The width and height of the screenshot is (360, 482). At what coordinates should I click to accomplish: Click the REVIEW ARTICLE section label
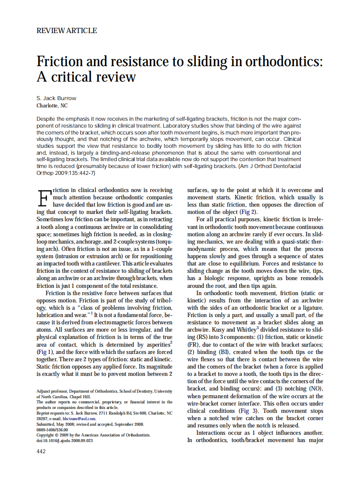click(x=67, y=31)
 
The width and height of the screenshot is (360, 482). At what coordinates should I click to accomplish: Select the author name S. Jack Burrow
click(x=56, y=98)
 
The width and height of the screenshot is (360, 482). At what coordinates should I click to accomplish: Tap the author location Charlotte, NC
click(x=52, y=105)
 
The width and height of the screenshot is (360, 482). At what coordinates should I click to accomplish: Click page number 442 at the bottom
click(x=41, y=451)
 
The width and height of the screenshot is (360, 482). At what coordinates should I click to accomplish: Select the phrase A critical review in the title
click(x=86, y=77)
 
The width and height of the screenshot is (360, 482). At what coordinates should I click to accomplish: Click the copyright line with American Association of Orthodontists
click(x=93, y=435)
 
